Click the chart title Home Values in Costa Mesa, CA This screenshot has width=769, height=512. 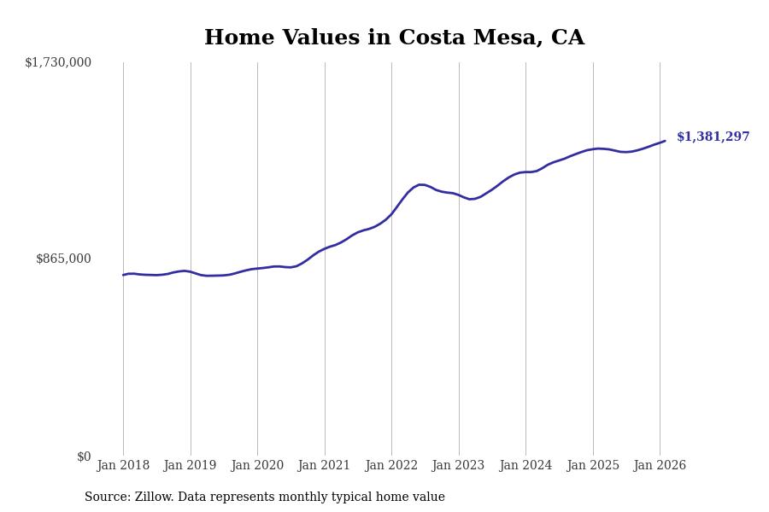(394, 38)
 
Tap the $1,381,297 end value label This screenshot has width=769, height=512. (713, 137)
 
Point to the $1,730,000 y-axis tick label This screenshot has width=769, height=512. (58, 62)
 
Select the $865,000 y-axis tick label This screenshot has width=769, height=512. (63, 259)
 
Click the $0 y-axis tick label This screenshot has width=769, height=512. (84, 457)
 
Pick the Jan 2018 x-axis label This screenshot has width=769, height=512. (123, 465)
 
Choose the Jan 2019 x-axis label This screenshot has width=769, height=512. (190, 465)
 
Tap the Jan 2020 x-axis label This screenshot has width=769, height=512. (257, 465)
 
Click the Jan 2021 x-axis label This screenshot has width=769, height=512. (324, 465)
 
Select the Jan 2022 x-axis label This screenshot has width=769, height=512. (391, 465)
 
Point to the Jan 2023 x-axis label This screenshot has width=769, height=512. (458, 465)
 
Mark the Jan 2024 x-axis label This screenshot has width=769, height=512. (525, 465)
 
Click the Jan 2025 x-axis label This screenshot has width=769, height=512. (592, 465)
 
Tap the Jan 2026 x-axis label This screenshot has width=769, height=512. (660, 465)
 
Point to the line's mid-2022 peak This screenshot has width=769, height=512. (421, 184)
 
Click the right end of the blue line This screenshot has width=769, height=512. (665, 141)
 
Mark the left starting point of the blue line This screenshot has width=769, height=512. (123, 275)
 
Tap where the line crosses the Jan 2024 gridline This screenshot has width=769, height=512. (525, 172)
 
